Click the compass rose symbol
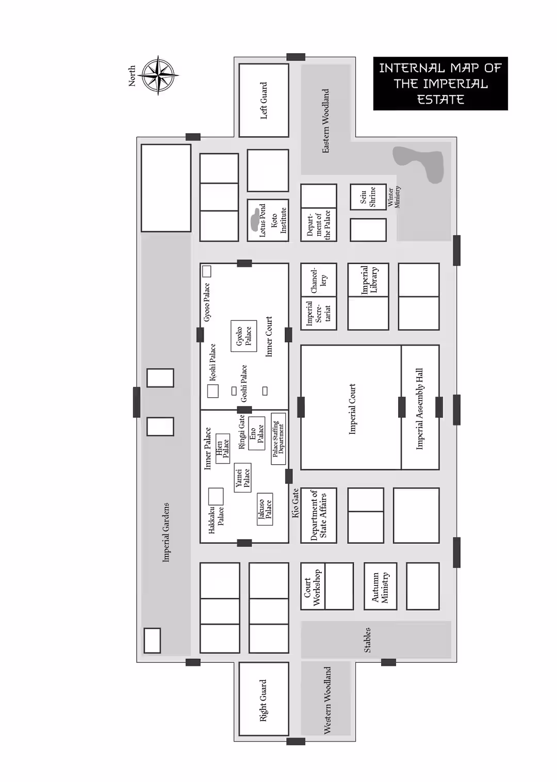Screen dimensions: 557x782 (158, 75)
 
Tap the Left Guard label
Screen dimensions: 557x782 (264, 101)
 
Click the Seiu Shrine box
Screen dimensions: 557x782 (368, 197)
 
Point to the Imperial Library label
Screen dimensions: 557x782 (369, 280)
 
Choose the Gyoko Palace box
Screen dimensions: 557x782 (243, 336)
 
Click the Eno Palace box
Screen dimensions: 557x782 (256, 433)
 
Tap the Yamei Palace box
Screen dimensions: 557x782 (242, 478)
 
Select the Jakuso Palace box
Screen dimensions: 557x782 (265, 509)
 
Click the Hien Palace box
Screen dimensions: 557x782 (223, 449)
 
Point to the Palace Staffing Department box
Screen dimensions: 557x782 (278, 439)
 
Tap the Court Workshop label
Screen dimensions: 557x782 (312, 587)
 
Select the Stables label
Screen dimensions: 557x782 (367, 640)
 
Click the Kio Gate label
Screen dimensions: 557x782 (295, 503)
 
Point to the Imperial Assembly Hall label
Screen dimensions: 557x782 (419, 409)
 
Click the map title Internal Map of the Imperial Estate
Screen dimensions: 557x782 (440, 84)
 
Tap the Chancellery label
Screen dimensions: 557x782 (319, 280)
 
